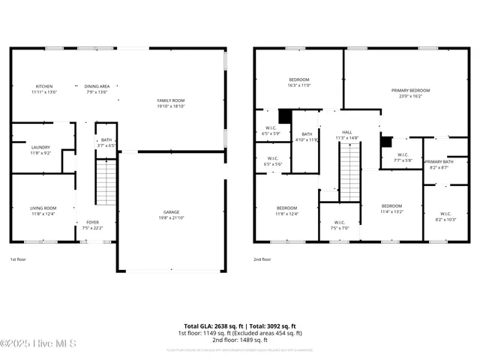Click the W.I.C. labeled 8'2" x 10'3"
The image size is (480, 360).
[445, 216]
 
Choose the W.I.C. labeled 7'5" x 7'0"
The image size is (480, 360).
[339, 225]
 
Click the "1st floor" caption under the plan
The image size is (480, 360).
[18, 259]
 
